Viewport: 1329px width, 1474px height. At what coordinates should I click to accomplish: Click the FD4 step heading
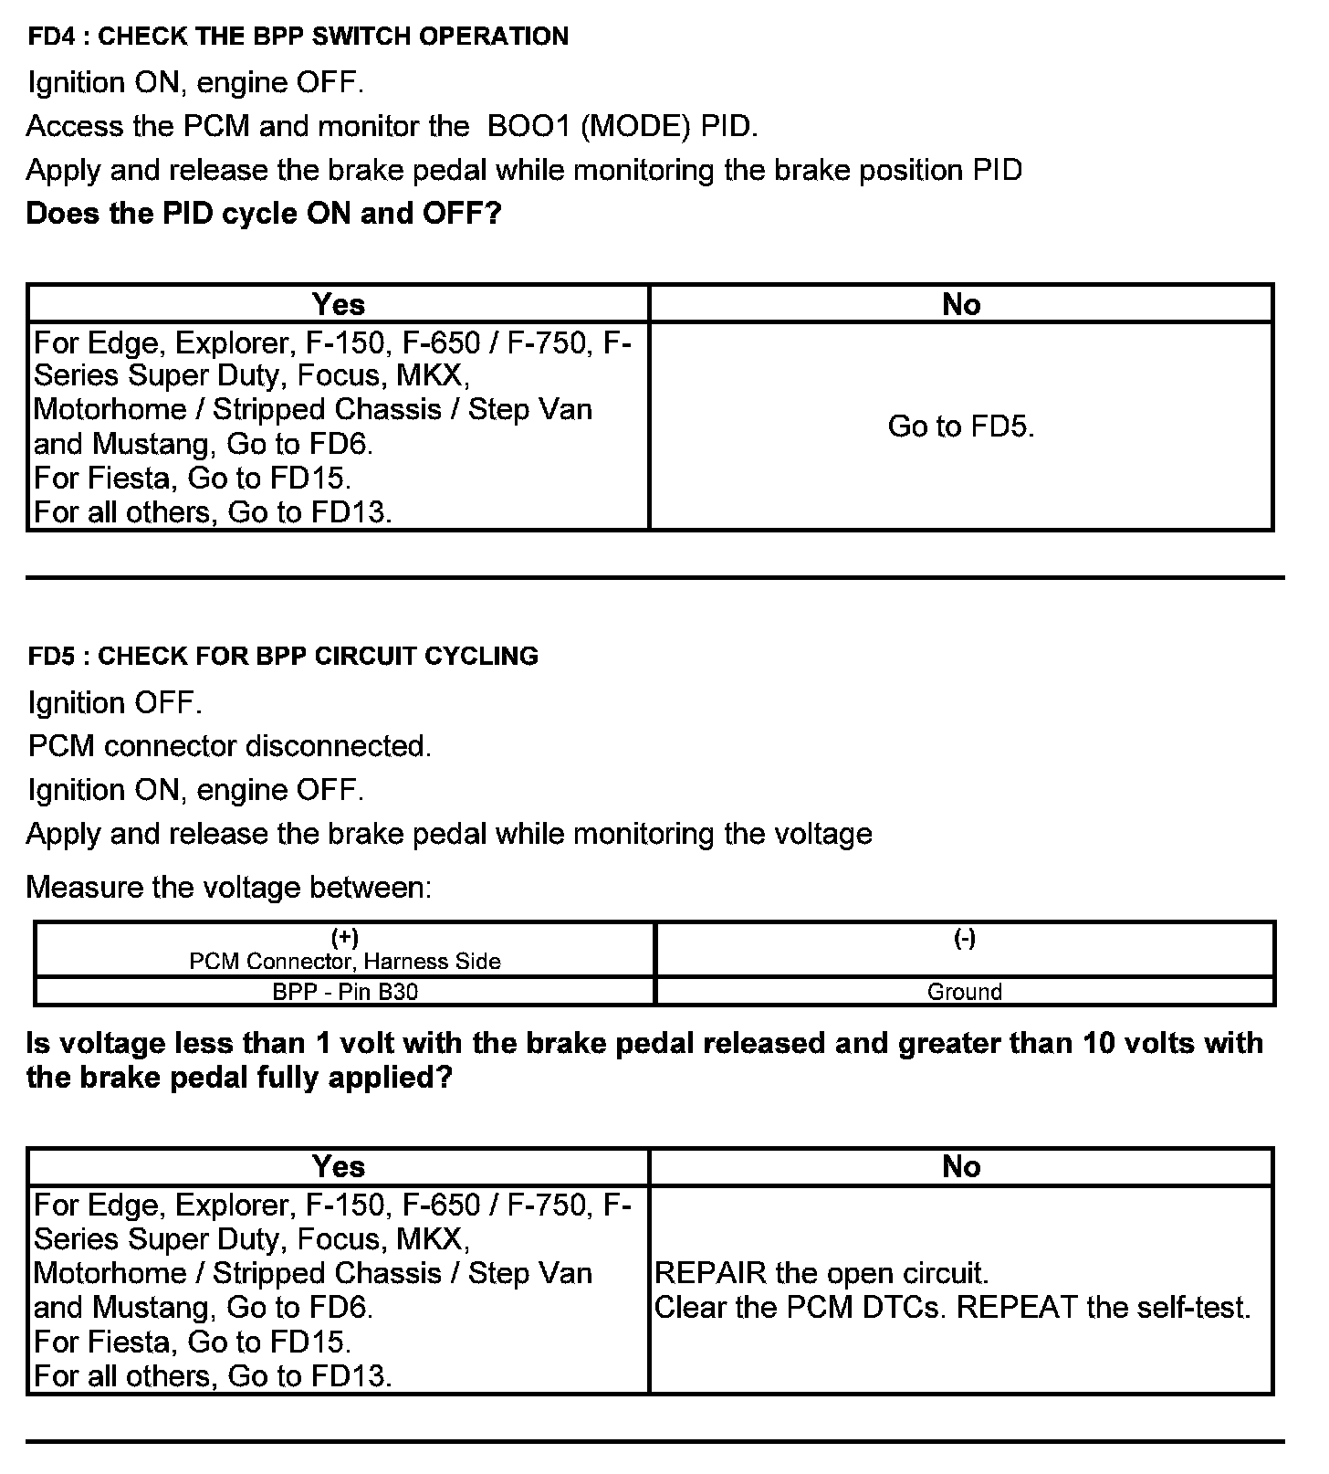tap(298, 37)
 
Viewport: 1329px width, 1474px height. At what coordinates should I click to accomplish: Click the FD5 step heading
tap(283, 656)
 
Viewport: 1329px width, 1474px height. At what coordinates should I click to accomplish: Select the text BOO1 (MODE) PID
tap(623, 126)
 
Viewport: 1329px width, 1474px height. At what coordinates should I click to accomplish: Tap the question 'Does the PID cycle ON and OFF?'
tap(264, 214)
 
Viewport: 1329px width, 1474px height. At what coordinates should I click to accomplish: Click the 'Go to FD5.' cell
tap(960, 426)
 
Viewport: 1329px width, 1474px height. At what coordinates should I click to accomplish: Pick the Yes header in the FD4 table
tap(338, 304)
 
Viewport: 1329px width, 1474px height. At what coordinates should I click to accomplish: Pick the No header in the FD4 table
tap(960, 304)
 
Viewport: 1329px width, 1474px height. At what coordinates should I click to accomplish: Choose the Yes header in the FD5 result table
tap(338, 1166)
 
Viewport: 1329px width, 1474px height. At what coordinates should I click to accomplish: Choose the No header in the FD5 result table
tap(960, 1166)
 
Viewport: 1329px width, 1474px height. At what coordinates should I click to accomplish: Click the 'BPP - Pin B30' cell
tap(345, 992)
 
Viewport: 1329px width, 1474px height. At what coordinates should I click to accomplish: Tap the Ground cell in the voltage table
tap(964, 992)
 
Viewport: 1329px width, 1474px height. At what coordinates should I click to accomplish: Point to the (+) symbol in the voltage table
tap(345, 938)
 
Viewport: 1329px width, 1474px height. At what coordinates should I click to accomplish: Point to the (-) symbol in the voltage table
tap(964, 938)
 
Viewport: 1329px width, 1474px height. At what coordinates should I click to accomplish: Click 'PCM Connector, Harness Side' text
tap(345, 962)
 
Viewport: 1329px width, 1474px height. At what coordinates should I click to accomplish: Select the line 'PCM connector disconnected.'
tap(229, 746)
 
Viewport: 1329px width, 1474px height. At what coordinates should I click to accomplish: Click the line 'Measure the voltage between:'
tap(228, 887)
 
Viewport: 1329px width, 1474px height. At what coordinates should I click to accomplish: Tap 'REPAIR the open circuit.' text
tap(821, 1273)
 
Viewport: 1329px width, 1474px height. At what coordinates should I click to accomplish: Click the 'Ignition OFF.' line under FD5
tap(114, 703)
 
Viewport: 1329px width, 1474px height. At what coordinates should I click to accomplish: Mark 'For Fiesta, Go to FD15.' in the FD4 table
tap(192, 478)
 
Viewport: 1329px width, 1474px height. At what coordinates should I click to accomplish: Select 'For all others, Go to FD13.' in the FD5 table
tap(213, 1375)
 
